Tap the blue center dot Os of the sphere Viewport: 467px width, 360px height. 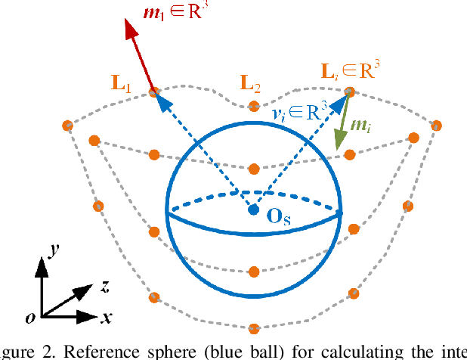(x=254, y=209)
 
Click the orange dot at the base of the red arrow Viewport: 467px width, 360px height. (x=153, y=92)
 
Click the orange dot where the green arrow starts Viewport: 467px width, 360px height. (x=349, y=92)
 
